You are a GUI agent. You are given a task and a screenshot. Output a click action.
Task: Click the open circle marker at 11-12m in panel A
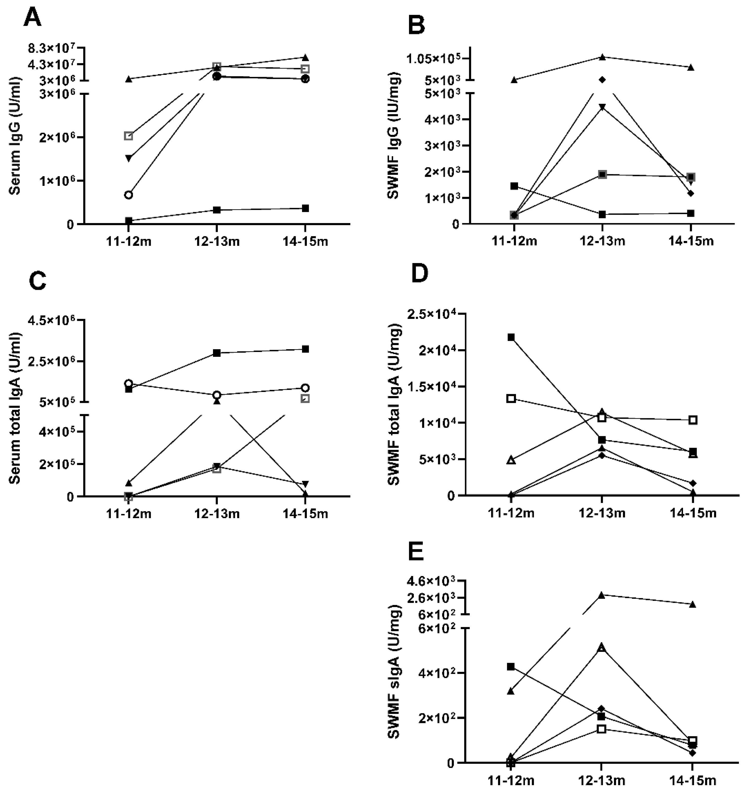click(129, 195)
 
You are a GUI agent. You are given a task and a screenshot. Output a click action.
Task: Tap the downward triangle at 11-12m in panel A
click(129, 158)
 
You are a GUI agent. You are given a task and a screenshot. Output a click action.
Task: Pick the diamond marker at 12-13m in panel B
click(602, 80)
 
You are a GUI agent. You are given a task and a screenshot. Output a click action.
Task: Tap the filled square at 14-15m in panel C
click(305, 349)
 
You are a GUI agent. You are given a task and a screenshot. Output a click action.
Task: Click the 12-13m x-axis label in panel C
click(217, 513)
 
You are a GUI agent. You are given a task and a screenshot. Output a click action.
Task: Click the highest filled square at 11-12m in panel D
click(511, 337)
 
